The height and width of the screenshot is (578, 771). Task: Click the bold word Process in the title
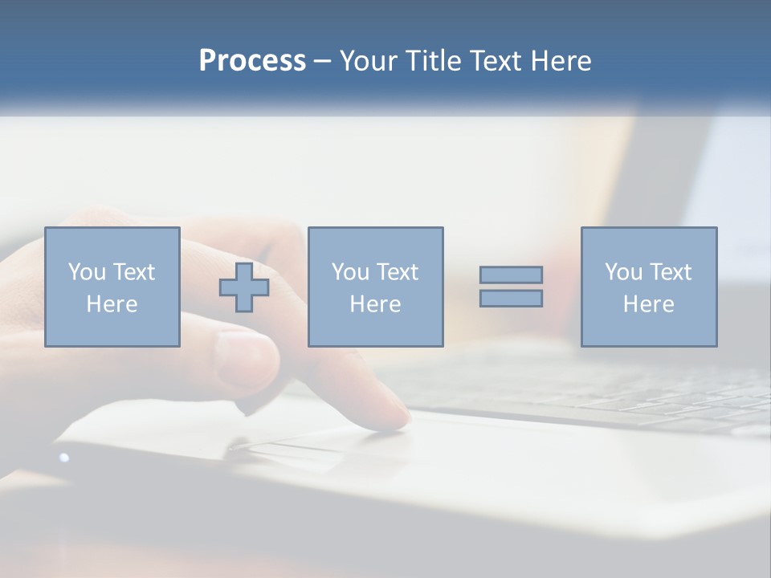(252, 61)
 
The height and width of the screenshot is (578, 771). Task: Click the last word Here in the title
(561, 61)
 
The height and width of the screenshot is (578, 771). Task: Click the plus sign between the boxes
(244, 287)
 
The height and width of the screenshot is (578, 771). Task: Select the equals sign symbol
(511, 287)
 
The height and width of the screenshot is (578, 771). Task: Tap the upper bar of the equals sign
(511, 275)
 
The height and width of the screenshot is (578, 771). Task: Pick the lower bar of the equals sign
(511, 298)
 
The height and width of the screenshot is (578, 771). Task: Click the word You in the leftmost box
(87, 272)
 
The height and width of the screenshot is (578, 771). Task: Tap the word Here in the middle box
(376, 304)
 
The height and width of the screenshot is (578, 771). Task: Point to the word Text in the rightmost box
(669, 272)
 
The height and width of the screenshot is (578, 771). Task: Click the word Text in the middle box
(397, 272)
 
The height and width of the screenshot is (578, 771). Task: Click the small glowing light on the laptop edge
(64, 458)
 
